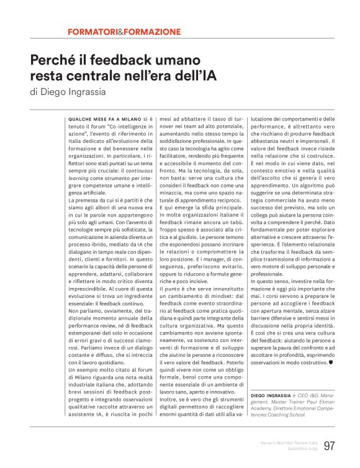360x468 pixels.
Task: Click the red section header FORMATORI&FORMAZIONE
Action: tap(124, 31)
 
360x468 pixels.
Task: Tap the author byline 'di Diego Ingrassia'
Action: tap(67, 93)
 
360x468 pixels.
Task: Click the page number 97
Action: tap(328, 446)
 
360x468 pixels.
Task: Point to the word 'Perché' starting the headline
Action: tap(52, 61)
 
